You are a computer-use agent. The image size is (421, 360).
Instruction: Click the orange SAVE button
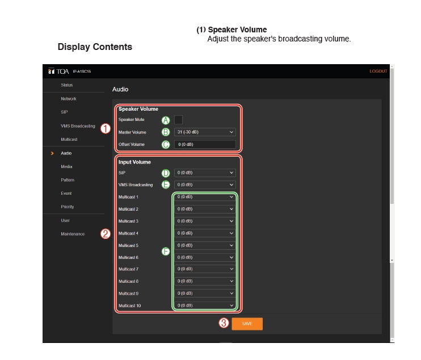coord(247,324)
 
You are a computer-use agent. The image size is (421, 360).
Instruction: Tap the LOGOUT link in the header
coord(378,71)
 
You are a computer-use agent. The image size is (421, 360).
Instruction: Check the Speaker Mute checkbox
coord(178,120)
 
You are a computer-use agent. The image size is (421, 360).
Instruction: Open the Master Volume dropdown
coord(205,132)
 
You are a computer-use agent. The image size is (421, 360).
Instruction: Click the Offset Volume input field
coord(205,144)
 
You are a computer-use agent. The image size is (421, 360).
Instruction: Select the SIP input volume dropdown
coord(205,173)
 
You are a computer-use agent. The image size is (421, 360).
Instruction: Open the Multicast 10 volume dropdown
coord(205,305)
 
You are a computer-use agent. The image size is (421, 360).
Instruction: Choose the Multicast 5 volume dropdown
coord(205,245)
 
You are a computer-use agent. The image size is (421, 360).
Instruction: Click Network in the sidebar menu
coord(69,99)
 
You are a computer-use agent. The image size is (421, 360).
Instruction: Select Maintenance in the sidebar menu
coord(73,234)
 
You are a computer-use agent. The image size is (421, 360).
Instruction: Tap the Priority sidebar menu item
coord(67,207)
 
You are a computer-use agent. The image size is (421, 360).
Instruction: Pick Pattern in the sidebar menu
coord(68,180)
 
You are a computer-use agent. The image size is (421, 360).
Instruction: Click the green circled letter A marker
coord(166,120)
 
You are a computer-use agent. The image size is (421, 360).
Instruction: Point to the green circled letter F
coord(166,252)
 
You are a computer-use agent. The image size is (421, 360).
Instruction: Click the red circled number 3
coord(224,323)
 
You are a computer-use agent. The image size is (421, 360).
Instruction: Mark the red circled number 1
coord(106,128)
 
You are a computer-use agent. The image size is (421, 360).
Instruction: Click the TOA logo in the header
coord(58,71)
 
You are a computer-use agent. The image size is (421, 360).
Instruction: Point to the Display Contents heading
coord(95,47)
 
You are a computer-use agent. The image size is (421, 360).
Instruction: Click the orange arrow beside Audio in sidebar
coord(52,153)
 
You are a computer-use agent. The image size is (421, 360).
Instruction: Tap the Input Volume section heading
coord(134,162)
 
